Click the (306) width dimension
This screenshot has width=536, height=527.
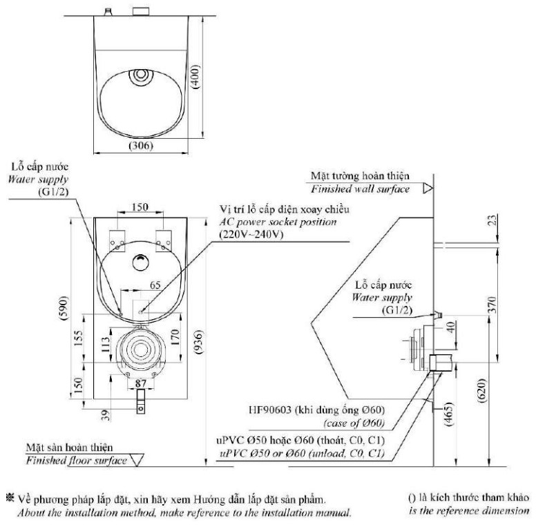(x=140, y=146)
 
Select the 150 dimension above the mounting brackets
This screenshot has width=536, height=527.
(x=141, y=207)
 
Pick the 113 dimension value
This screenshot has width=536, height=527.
(x=104, y=343)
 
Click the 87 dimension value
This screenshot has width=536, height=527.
(x=141, y=381)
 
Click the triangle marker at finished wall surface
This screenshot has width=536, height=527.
(x=428, y=187)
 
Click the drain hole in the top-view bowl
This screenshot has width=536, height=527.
(x=141, y=74)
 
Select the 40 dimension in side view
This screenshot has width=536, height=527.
(x=450, y=327)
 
